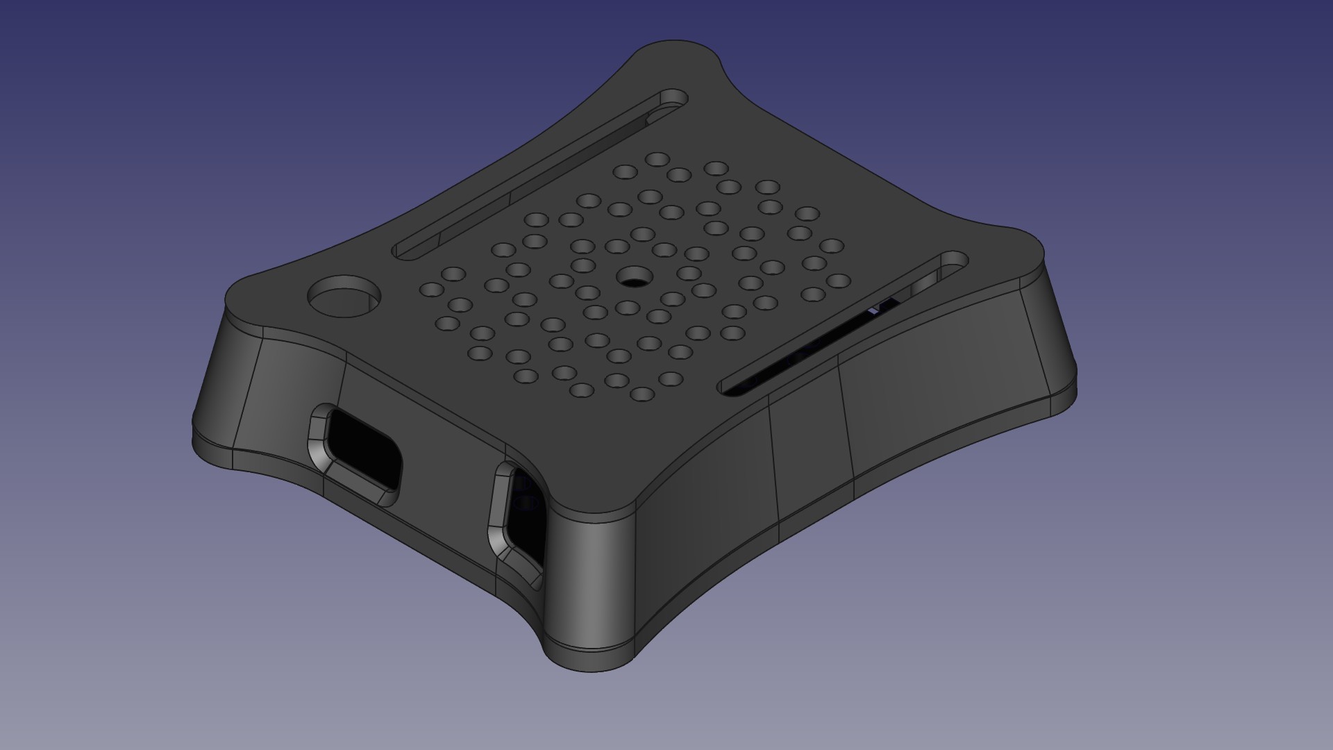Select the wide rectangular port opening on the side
pos(364,448)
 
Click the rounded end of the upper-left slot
pos(671,99)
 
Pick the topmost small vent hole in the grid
pos(657,160)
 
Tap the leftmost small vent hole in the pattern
pos(431,290)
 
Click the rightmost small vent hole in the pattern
pos(839,281)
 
